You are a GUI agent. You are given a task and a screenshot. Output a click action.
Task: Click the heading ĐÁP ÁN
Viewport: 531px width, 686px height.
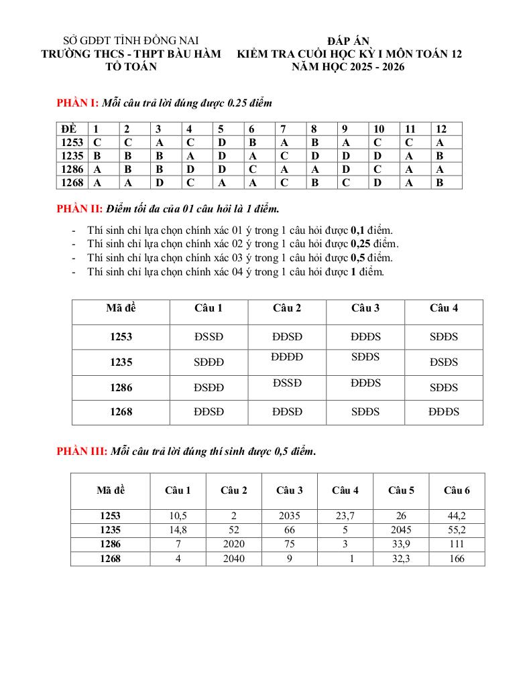(x=349, y=42)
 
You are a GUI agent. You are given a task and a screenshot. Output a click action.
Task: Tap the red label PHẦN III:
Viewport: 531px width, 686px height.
(x=81, y=452)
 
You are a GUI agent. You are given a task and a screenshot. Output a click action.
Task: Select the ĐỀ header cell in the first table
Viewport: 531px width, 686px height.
(x=69, y=129)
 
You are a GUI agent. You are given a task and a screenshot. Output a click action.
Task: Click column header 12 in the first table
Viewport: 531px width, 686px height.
(x=440, y=129)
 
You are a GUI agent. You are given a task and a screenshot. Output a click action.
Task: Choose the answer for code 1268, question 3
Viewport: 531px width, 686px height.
(x=160, y=182)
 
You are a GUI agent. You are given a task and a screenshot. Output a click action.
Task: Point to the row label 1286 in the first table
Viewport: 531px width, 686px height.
(x=72, y=169)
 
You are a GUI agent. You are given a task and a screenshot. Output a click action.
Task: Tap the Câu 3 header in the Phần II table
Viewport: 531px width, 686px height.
(x=365, y=308)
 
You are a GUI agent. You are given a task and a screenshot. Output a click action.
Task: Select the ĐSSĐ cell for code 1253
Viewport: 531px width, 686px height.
(x=209, y=337)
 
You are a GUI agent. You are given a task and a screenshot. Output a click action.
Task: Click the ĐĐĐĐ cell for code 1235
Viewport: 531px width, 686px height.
(x=287, y=358)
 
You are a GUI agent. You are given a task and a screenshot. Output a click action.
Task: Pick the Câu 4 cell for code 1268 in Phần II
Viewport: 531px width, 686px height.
(x=444, y=412)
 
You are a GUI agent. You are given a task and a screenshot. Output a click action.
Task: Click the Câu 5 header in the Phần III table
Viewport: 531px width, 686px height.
(x=401, y=490)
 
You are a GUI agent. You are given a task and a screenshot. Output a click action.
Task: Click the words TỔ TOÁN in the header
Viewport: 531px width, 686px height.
(x=131, y=67)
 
